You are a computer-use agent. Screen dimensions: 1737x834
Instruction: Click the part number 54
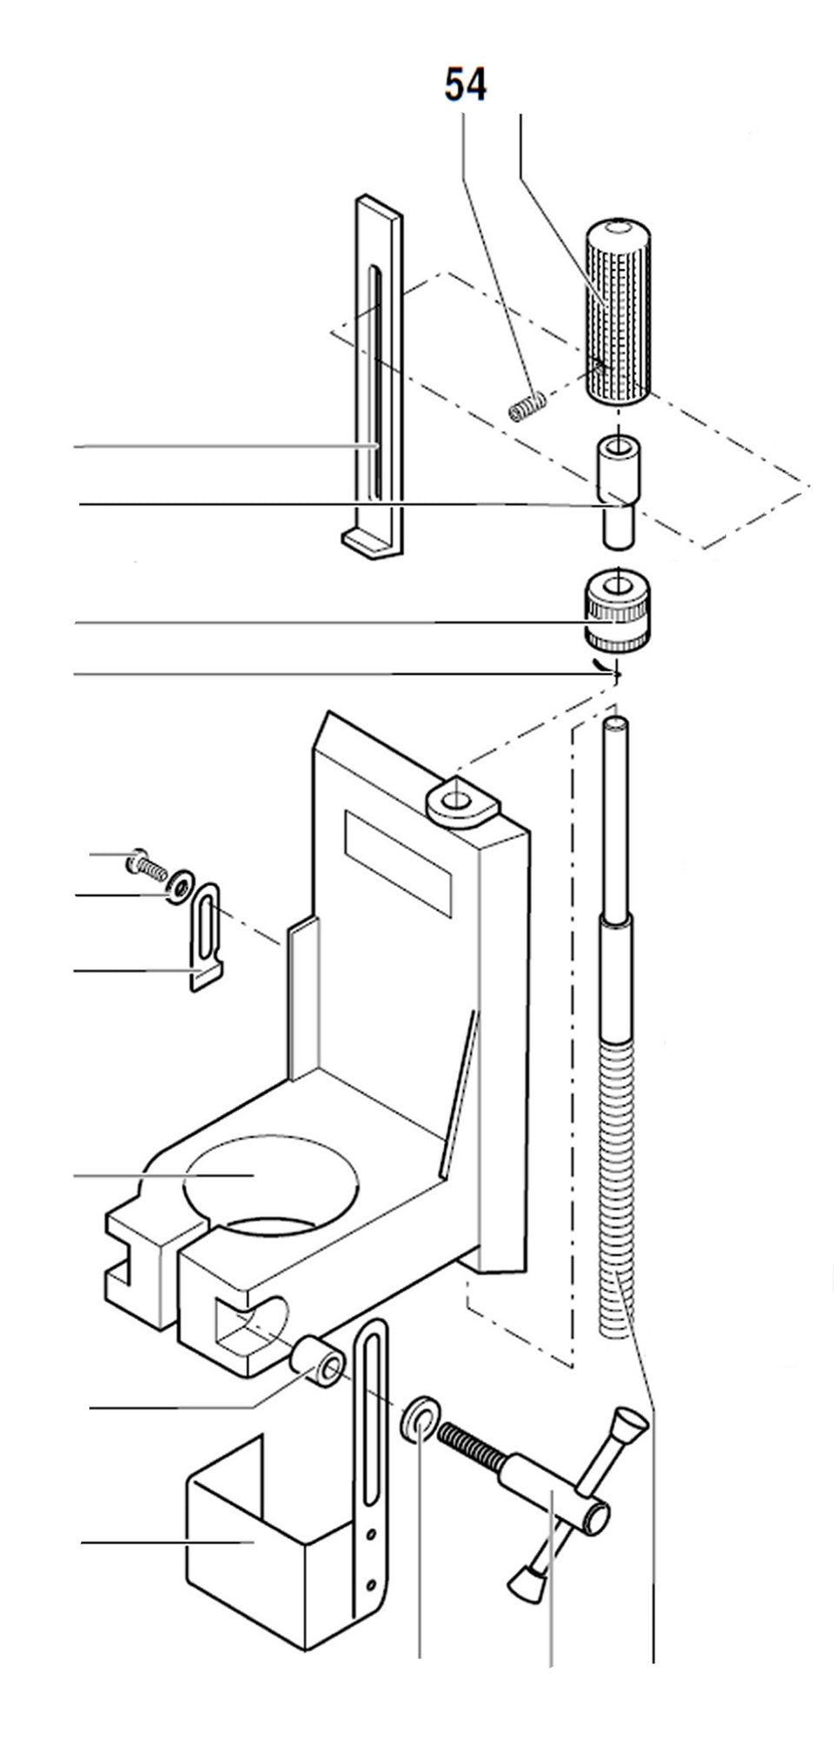pyautogui.click(x=466, y=86)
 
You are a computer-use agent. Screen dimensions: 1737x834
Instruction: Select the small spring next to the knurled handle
pyautogui.click(x=526, y=406)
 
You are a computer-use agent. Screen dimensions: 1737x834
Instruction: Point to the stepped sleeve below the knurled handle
pyautogui.click(x=616, y=491)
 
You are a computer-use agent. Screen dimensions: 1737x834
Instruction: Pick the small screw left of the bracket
pyautogui.click(x=146, y=863)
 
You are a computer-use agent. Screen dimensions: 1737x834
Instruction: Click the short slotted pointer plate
pyautogui.click(x=208, y=934)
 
